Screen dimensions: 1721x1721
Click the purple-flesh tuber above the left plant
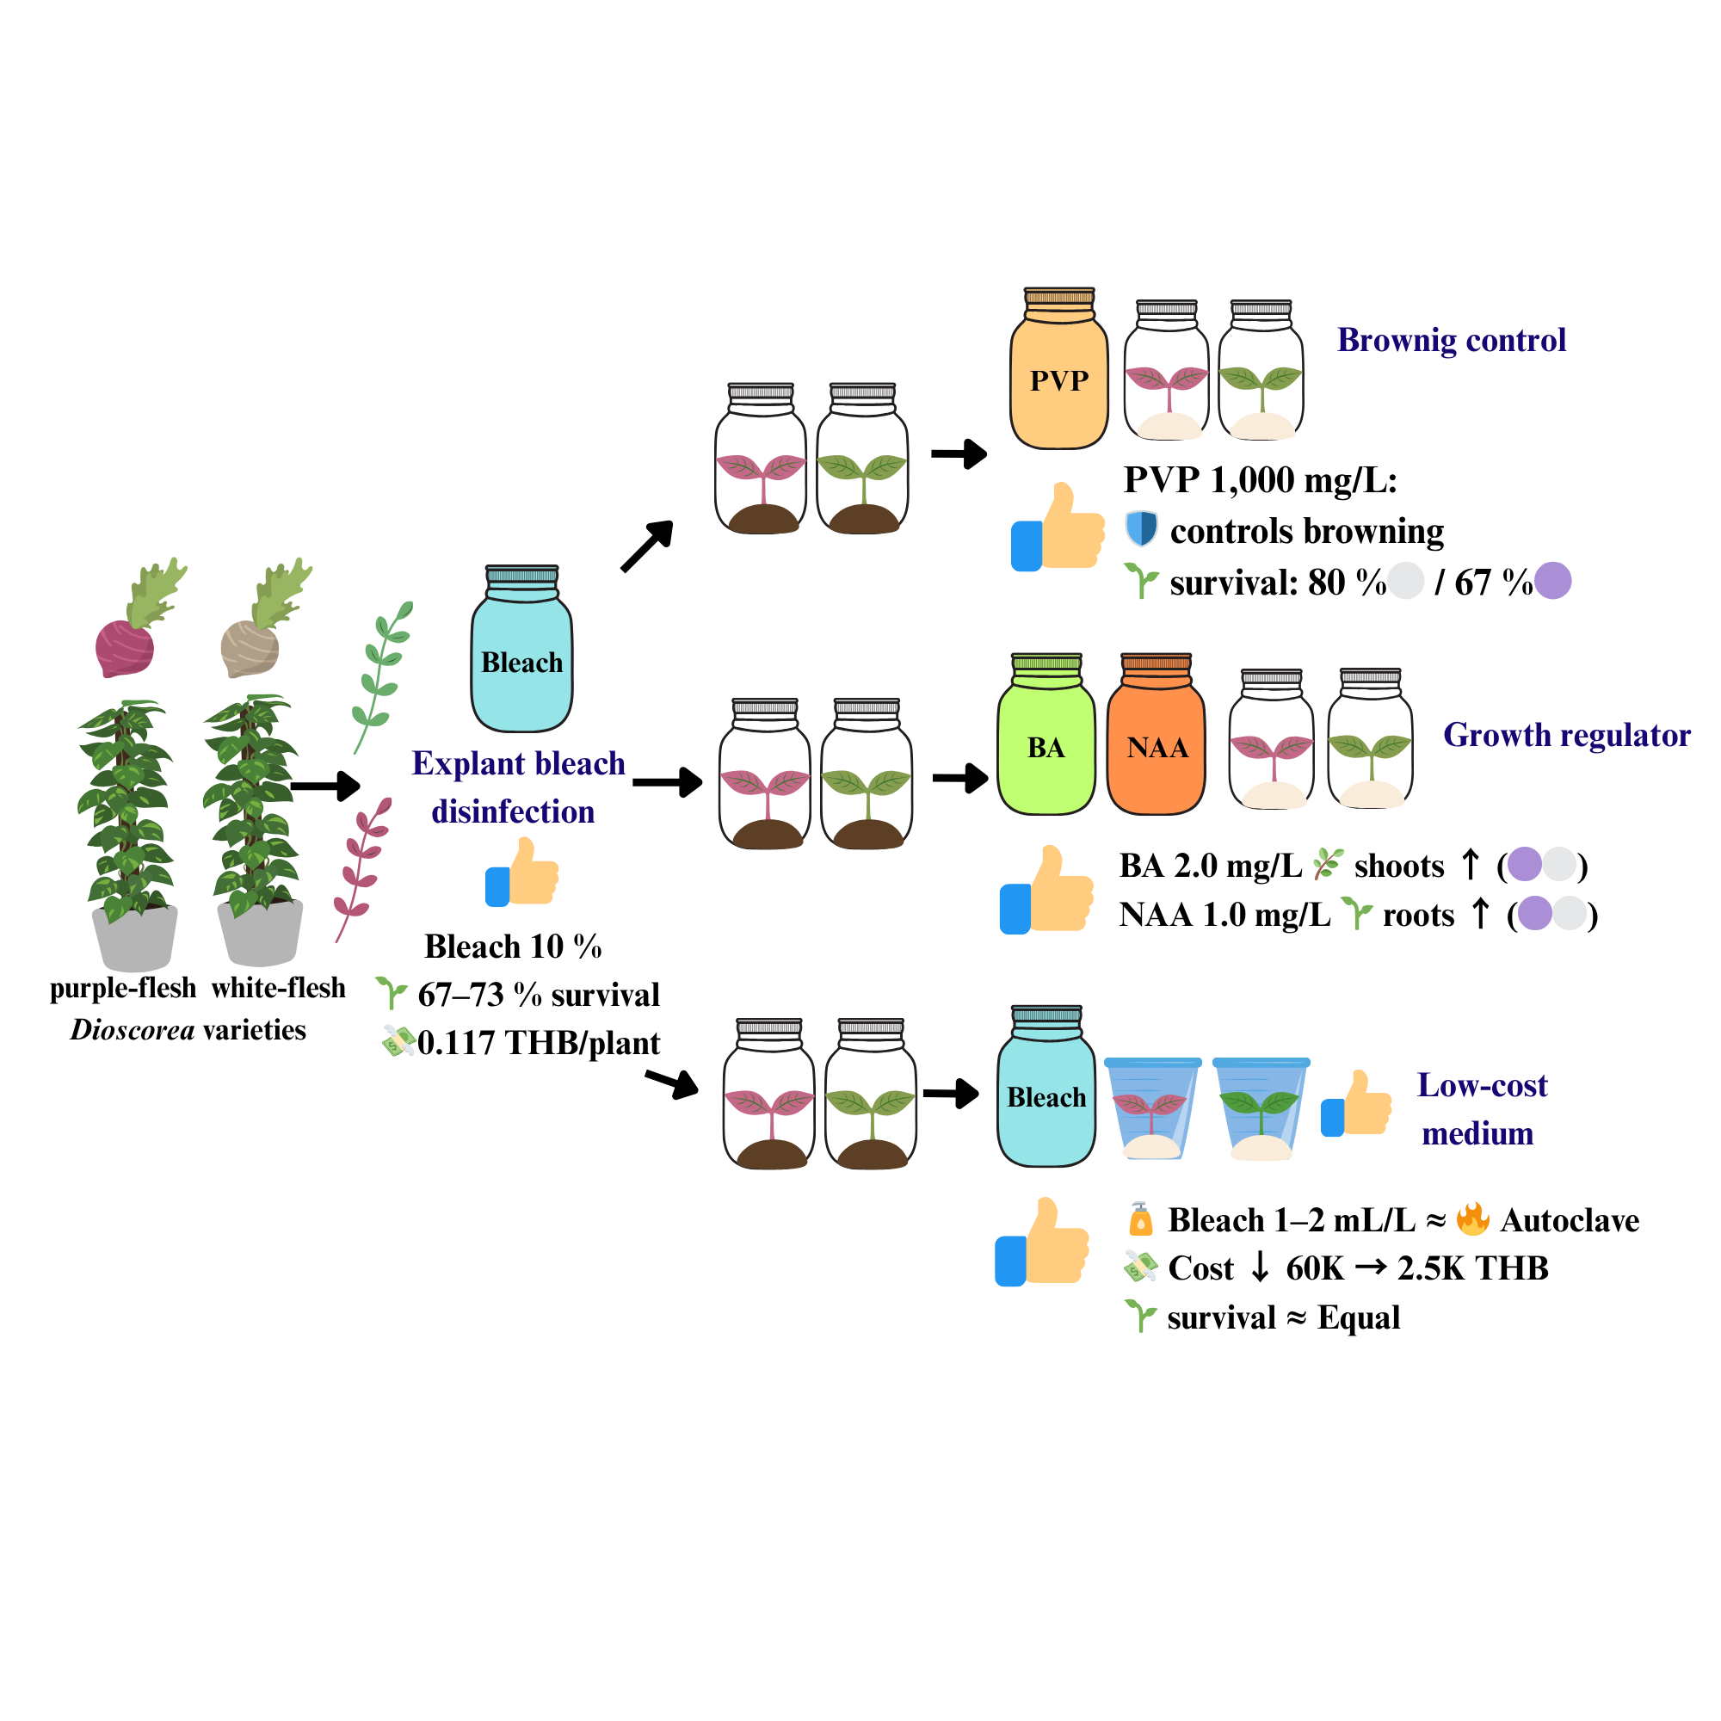pos(125,648)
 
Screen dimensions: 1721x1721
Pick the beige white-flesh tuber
pos(250,648)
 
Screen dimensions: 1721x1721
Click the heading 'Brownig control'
pos(1450,340)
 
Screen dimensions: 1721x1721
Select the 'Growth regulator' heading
pos(1566,735)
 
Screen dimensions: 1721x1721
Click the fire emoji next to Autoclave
pos(1472,1218)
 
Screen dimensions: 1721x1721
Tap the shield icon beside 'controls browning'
pos(1141,528)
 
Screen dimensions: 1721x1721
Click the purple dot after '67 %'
pos(1552,581)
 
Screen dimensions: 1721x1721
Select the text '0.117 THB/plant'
pos(538,1042)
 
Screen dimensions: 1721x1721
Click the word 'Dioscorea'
pos(133,1030)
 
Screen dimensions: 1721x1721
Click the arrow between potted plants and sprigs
pos(325,786)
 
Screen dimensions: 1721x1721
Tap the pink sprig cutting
pos(361,868)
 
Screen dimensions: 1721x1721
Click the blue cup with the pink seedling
pos(1152,1107)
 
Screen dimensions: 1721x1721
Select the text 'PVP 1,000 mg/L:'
pos(1260,480)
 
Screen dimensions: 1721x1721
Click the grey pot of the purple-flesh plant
pos(134,939)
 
